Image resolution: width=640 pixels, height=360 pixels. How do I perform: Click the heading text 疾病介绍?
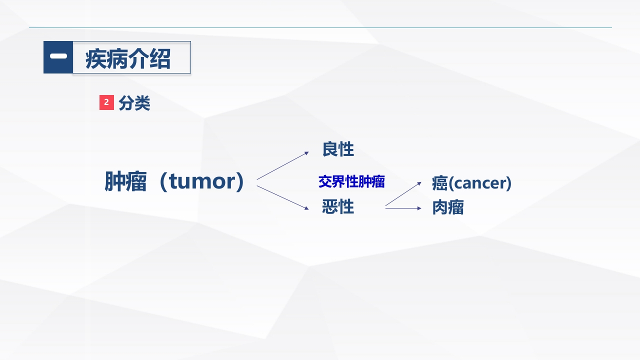[x=128, y=58]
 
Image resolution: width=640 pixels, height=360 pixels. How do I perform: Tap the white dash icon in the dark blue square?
[x=58, y=56]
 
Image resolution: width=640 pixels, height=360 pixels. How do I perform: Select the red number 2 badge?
[x=106, y=102]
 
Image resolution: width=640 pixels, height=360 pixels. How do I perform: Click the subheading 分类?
[x=134, y=103]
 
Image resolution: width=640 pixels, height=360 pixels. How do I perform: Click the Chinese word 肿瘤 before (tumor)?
[x=125, y=181]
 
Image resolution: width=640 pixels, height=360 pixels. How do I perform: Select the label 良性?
[x=338, y=149]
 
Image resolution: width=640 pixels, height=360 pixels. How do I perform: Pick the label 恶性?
[x=338, y=206]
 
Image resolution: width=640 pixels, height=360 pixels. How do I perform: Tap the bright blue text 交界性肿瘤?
[x=351, y=181]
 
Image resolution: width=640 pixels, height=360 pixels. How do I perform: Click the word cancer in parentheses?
[x=480, y=183]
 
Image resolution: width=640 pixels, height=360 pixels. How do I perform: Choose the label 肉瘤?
[x=448, y=207]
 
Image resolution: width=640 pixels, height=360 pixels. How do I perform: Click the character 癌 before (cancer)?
[x=439, y=183]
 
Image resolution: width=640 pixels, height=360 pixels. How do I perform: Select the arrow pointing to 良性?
[x=282, y=165]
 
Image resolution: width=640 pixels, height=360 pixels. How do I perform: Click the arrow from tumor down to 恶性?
[x=282, y=197]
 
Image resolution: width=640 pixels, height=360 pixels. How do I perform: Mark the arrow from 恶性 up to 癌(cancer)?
[x=403, y=194]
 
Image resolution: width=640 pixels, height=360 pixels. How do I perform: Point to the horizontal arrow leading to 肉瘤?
[x=403, y=208]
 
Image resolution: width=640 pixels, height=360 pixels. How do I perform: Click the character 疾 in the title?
[x=96, y=58]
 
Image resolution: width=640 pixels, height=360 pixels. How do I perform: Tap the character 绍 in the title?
[x=160, y=58]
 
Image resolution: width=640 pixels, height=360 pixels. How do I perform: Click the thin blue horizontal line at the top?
[x=320, y=27]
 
